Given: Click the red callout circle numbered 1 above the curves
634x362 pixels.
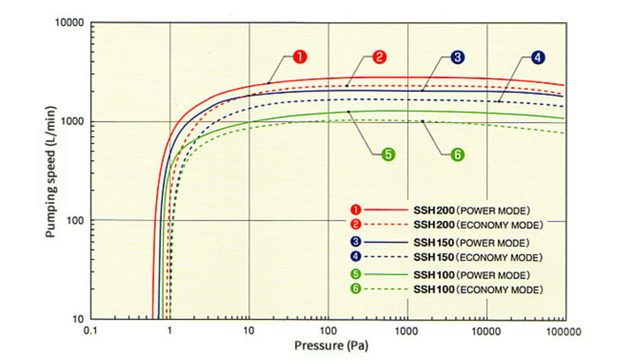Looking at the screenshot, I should tap(301, 57).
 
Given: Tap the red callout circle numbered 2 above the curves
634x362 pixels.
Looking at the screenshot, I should tap(379, 57).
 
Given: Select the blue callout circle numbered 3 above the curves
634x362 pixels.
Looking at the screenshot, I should tap(457, 57).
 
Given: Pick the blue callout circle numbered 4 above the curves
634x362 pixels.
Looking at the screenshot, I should tap(538, 57).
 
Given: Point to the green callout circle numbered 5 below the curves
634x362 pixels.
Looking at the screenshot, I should tap(388, 155).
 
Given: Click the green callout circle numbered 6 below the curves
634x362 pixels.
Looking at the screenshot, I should tap(457, 155).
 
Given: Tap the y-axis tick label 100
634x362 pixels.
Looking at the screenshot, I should tap(75, 220).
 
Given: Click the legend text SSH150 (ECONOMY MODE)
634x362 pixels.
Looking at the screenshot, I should tap(478, 257).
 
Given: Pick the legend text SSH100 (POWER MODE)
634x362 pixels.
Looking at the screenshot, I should tap(472, 275).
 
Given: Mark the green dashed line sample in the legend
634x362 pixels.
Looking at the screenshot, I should tap(386, 289).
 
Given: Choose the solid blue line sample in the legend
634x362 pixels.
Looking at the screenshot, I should tap(386, 243).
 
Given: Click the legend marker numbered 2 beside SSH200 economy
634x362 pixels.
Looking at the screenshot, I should tap(355, 224).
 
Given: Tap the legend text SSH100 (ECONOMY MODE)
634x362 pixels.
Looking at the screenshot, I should tap(478, 290).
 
